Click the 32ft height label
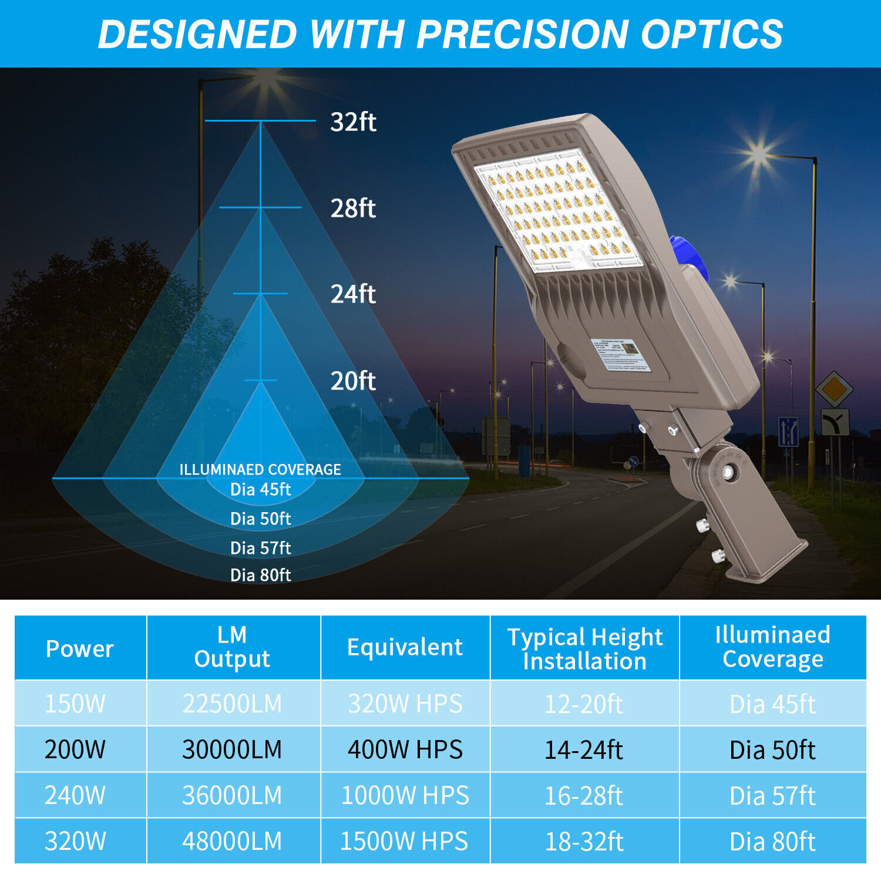click(x=353, y=122)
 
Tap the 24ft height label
click(x=353, y=294)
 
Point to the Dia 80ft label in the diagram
click(x=260, y=575)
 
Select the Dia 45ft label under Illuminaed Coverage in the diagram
click(x=260, y=489)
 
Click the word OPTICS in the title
click(x=712, y=34)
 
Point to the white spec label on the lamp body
click(x=621, y=355)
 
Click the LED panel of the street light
click(x=558, y=211)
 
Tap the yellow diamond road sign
click(x=834, y=389)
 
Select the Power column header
click(x=80, y=648)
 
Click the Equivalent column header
click(x=405, y=647)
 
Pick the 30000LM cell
click(x=232, y=749)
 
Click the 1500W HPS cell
click(x=404, y=841)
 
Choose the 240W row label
click(x=75, y=795)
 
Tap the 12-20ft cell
click(x=583, y=704)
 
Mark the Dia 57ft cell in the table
click(x=772, y=796)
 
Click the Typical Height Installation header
click(x=584, y=648)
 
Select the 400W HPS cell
click(x=405, y=749)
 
